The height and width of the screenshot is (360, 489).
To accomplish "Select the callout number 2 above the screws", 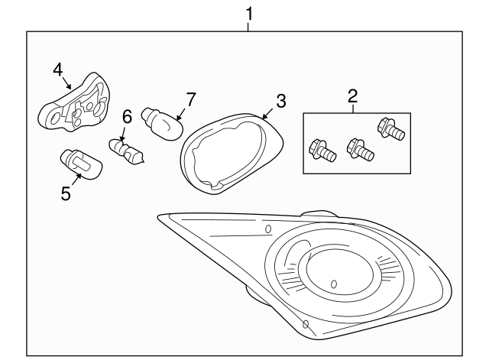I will [352, 96].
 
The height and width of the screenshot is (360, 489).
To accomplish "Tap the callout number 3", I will [281, 100].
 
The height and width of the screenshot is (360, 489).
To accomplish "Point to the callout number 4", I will [57, 70].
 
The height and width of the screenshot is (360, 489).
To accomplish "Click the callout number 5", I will [66, 194].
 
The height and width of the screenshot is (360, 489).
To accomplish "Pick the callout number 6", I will [127, 116].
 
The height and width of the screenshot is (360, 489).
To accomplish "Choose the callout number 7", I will [191, 99].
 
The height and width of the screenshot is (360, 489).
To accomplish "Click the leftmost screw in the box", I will [322, 149].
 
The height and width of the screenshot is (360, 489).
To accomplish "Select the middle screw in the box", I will [358, 148].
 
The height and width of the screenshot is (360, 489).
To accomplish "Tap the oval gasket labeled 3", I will [229, 149].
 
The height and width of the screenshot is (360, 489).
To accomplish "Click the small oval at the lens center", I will [334, 284].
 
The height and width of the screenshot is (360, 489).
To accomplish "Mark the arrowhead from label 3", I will [264, 116].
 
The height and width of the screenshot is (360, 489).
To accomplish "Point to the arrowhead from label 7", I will [177, 118].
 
